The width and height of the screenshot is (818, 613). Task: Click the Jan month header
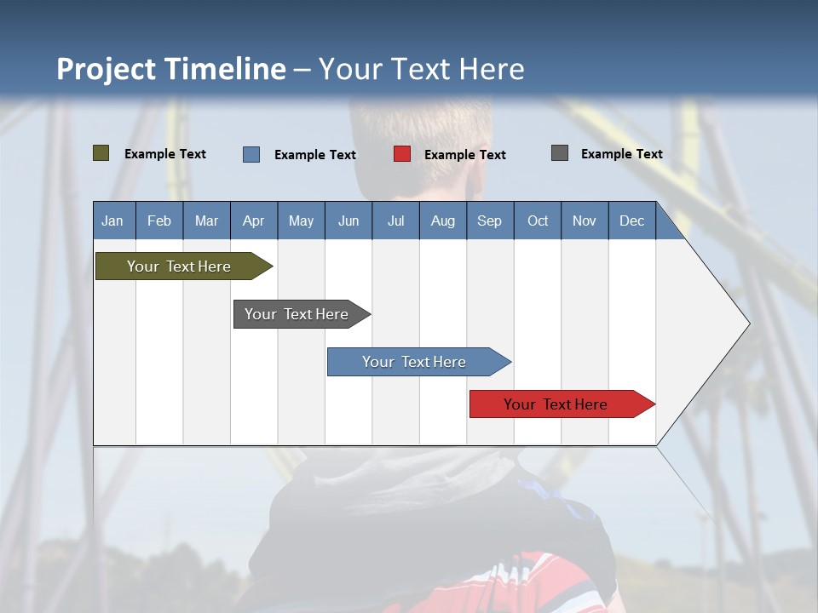click(112, 221)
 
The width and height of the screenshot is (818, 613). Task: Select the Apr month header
click(253, 221)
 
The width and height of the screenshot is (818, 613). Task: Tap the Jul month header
click(395, 221)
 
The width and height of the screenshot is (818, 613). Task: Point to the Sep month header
click(489, 221)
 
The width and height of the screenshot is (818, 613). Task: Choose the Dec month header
click(631, 221)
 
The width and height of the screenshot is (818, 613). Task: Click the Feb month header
click(159, 221)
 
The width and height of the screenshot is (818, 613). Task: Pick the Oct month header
click(538, 221)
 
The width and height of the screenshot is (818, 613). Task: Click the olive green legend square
click(101, 153)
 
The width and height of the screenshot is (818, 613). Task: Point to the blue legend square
click(251, 154)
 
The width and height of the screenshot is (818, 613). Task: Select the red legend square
click(402, 154)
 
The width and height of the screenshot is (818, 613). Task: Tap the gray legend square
click(560, 153)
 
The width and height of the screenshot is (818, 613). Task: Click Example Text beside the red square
click(464, 155)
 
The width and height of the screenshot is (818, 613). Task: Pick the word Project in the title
click(107, 69)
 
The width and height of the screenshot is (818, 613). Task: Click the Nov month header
click(585, 221)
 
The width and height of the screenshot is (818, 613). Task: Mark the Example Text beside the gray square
click(621, 154)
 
